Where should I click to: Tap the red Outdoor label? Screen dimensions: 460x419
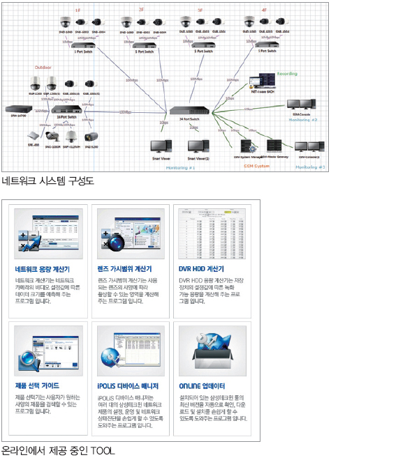point(43,68)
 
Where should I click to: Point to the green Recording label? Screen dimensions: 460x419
point(287,73)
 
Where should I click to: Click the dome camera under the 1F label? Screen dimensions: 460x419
point(65,22)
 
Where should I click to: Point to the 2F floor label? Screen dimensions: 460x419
point(142,10)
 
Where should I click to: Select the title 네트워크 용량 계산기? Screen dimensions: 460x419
point(42,269)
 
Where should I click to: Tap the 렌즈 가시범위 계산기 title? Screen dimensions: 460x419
point(124,269)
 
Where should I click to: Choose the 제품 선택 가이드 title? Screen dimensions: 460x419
point(37,385)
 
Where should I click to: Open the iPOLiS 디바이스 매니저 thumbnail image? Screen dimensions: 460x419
point(131,351)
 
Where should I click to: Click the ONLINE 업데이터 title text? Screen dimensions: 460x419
point(202,385)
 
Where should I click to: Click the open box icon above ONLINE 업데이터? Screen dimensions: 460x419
point(212,351)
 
